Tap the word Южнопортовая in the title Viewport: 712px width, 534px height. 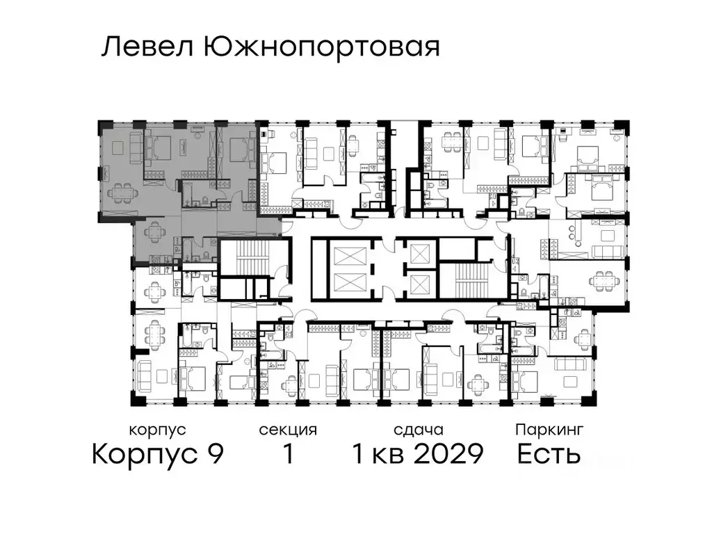click(321, 48)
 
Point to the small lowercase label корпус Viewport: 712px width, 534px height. click(157, 430)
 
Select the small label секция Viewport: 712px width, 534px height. click(287, 430)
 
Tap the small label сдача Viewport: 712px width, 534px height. click(417, 430)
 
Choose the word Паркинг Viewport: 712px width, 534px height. click(549, 430)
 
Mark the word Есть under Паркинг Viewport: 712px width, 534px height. click(549, 455)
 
